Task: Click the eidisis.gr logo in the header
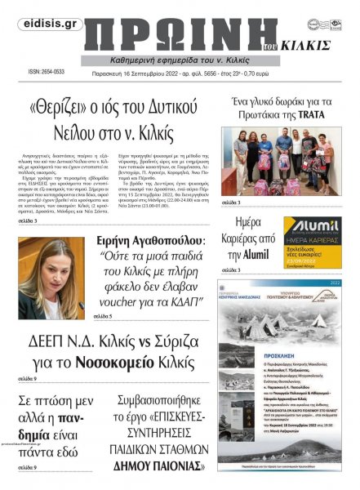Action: pyautogui.click(x=40, y=24)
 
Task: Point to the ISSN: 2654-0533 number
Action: pyautogui.click(x=46, y=73)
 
